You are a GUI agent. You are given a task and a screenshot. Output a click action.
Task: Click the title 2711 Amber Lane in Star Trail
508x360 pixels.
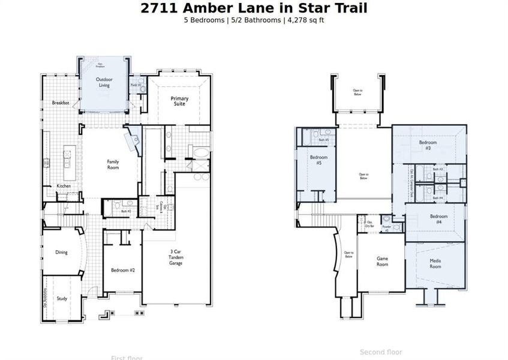tap(254, 8)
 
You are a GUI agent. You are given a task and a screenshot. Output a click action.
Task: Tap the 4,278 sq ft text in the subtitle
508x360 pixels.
tap(305, 20)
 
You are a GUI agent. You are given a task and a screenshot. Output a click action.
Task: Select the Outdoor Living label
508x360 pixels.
tap(104, 82)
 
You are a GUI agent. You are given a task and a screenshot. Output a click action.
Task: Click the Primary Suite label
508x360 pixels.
tap(179, 101)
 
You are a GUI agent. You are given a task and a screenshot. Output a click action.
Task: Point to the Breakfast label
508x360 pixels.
tap(61, 103)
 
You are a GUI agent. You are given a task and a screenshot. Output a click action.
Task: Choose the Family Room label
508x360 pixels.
tap(113, 164)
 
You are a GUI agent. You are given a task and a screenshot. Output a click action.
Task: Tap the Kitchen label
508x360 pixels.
tap(64, 186)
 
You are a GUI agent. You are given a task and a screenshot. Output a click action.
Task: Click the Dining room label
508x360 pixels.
tap(61, 252)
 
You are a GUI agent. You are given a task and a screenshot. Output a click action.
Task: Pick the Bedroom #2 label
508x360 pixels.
tap(123, 270)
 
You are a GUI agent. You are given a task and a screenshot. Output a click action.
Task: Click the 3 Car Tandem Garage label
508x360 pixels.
tap(176, 257)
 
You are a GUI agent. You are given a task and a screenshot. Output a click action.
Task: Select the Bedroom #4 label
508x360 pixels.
tap(438, 219)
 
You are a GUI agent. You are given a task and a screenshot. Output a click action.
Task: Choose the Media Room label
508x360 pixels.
tap(435, 263)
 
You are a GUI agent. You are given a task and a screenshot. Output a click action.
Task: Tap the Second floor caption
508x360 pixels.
tap(381, 352)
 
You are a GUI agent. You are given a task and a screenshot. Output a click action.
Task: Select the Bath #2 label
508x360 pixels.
tap(126, 211)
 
